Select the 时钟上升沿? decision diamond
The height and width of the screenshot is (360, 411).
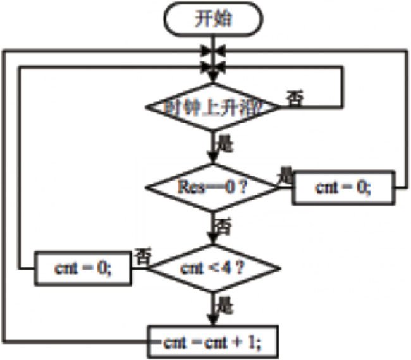[x=214, y=107]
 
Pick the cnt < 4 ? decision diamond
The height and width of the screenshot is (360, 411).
[x=214, y=268]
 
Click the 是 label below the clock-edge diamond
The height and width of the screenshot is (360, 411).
[x=226, y=144]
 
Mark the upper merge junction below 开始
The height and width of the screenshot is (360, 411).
[x=214, y=49]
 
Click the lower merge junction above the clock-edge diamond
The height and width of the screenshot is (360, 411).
[x=214, y=66]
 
